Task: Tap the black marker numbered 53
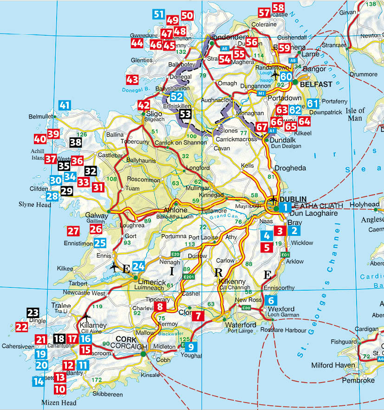pyautogui.click(x=186, y=113)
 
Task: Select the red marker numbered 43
pyautogui.click(x=132, y=79)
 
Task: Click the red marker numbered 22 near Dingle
pyautogui.click(x=22, y=326)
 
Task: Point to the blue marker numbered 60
pyautogui.click(x=286, y=77)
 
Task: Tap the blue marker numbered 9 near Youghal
pyautogui.click(x=192, y=346)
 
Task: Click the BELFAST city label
pyautogui.click(x=316, y=85)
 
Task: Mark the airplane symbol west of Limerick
pyautogui.click(x=114, y=268)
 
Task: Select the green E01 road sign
pyautogui.click(x=285, y=255)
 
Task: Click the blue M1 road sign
pyautogui.click(x=261, y=93)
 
